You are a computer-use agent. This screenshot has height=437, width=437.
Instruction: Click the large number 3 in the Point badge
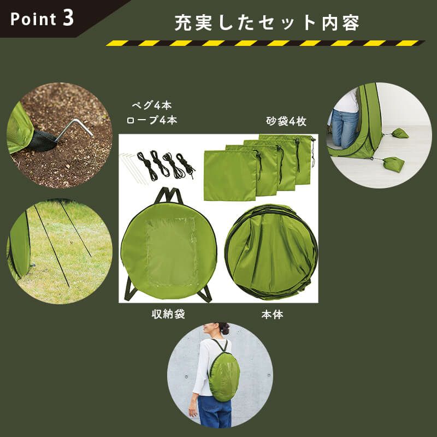pyautogui.click(x=68, y=17)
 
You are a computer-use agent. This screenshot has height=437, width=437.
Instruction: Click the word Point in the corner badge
pyautogui.click(x=33, y=19)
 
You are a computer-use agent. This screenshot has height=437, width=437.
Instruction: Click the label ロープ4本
pyautogui.click(x=151, y=120)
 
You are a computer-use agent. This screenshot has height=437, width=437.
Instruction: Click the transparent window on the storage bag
pyautogui.click(x=171, y=251)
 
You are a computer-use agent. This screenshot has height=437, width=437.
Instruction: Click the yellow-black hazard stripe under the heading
pyautogui.click(x=265, y=43)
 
